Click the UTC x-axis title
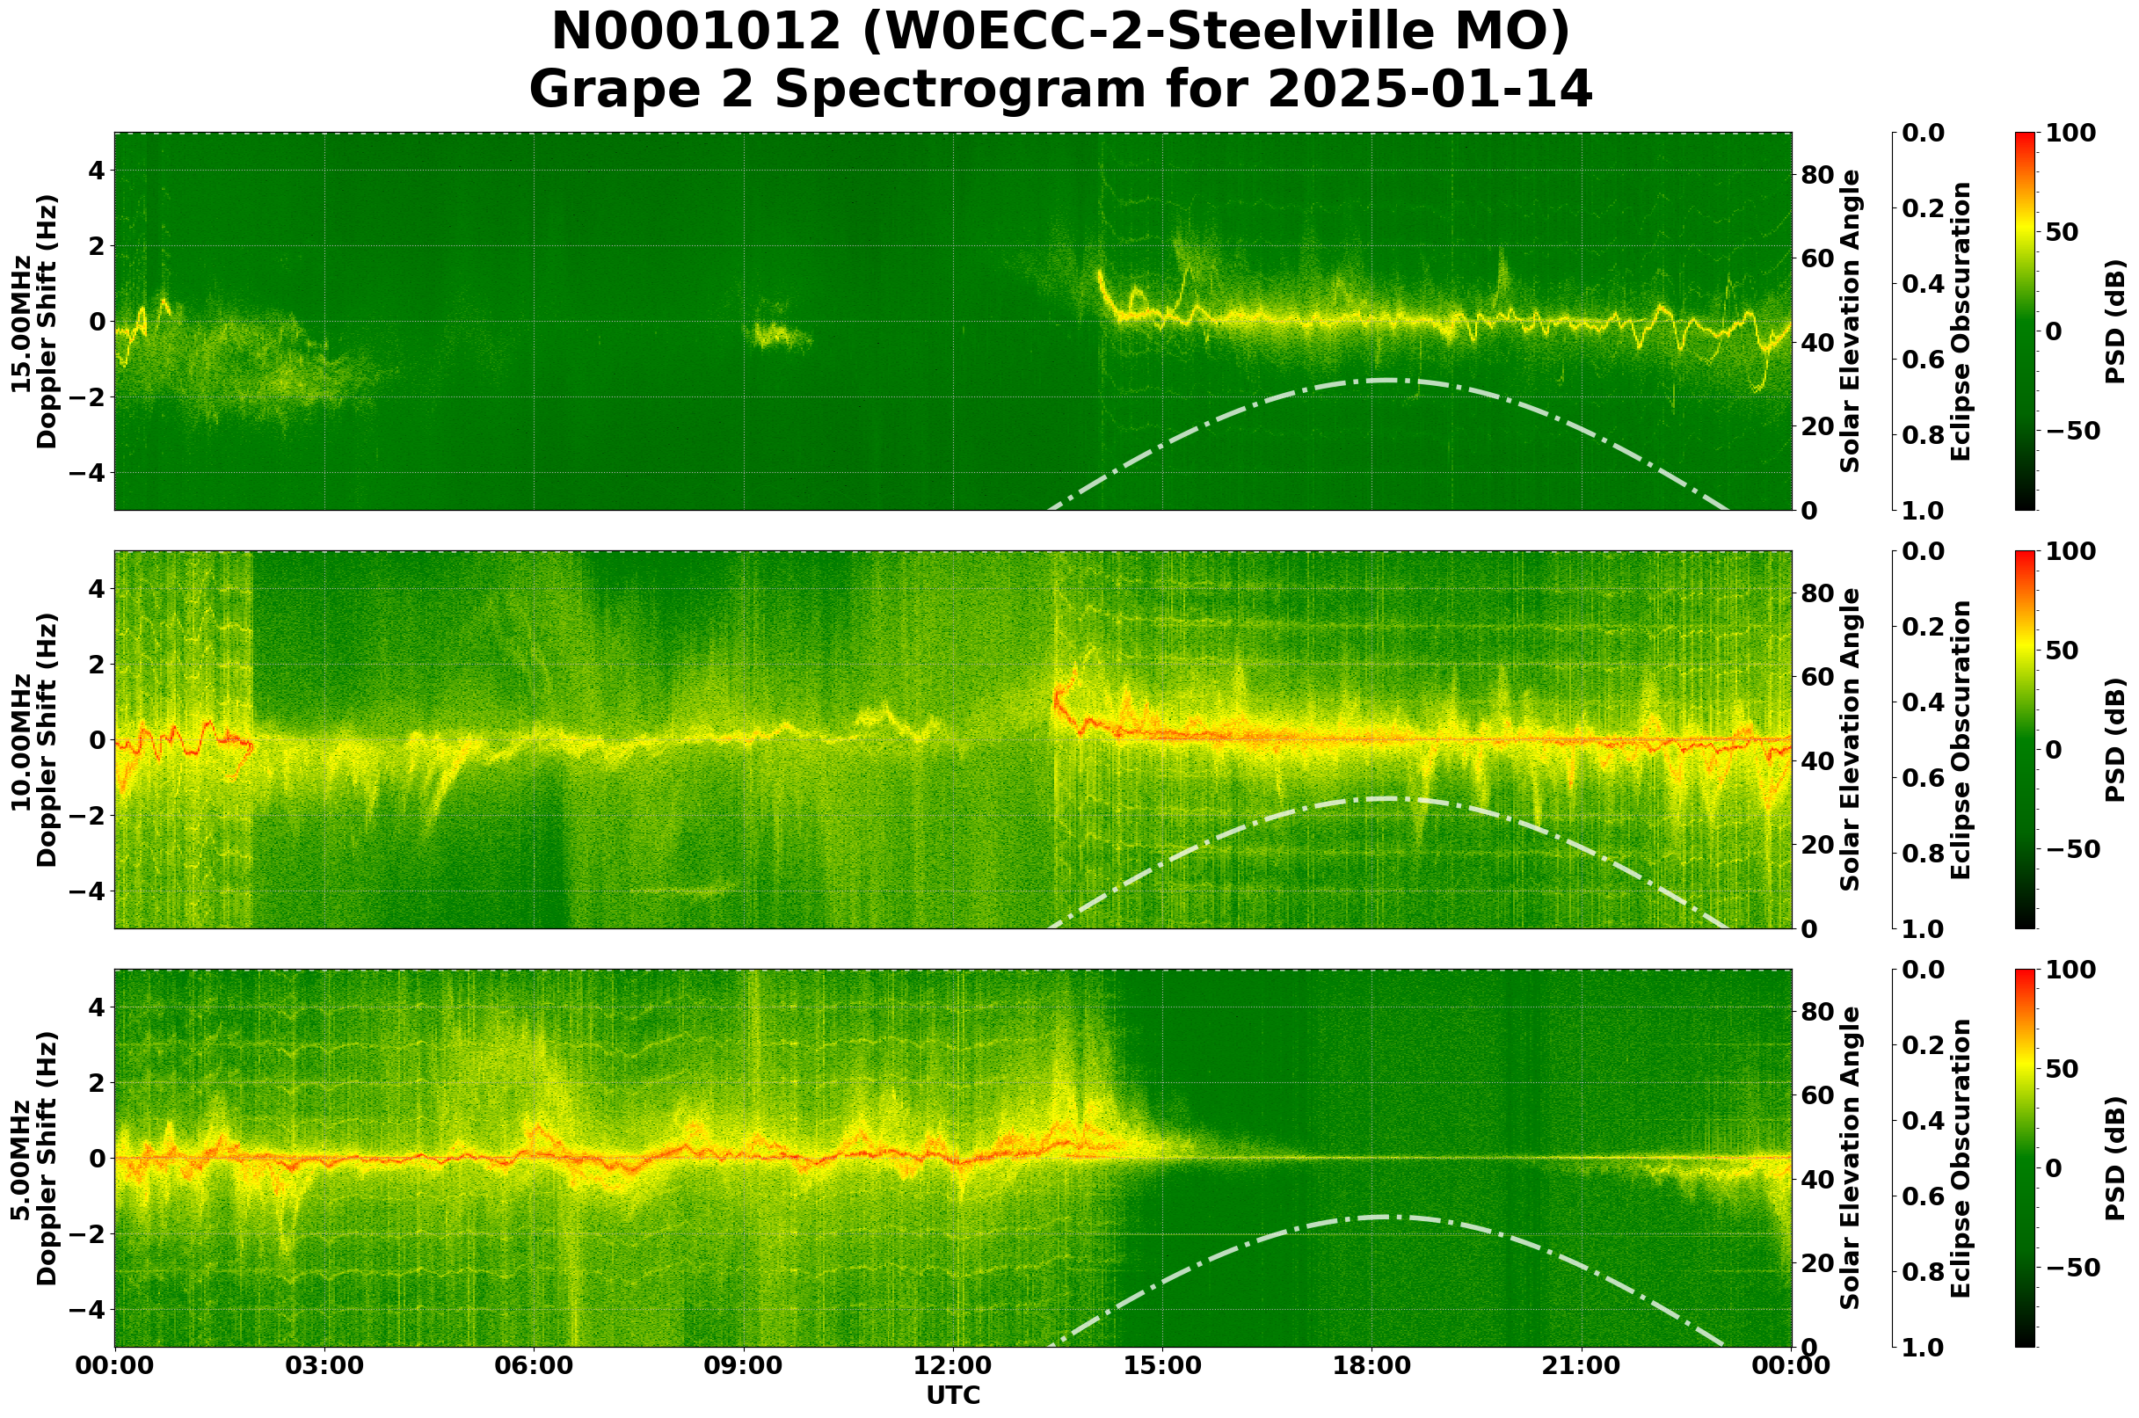(952, 1395)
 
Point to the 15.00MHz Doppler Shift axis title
(33, 322)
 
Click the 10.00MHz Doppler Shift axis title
(33, 739)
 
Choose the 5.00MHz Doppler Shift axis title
(33, 1159)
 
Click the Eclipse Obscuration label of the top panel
(1960, 322)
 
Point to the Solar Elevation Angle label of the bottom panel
(1851, 1159)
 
